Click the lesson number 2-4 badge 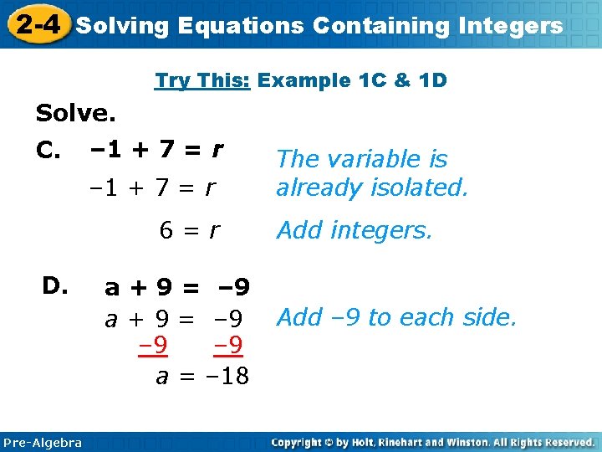(x=36, y=24)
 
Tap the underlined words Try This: (x=203, y=80)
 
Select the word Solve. (x=75, y=112)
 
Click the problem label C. (x=48, y=151)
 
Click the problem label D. (x=56, y=286)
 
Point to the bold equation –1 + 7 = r (x=156, y=150)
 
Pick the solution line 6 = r (x=190, y=230)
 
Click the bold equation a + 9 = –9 (x=176, y=288)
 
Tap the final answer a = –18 (x=202, y=376)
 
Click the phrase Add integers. (x=355, y=230)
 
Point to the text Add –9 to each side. (x=396, y=317)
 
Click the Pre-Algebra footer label (x=43, y=442)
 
